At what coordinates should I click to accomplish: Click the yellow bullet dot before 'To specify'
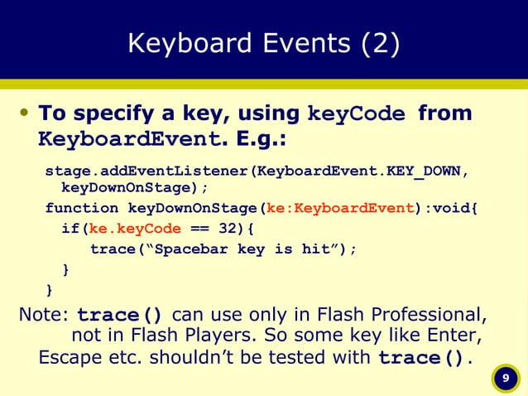(x=25, y=113)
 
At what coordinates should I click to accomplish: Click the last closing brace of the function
(x=50, y=289)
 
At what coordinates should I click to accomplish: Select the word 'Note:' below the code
(x=44, y=316)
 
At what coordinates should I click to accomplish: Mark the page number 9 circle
(x=503, y=379)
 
